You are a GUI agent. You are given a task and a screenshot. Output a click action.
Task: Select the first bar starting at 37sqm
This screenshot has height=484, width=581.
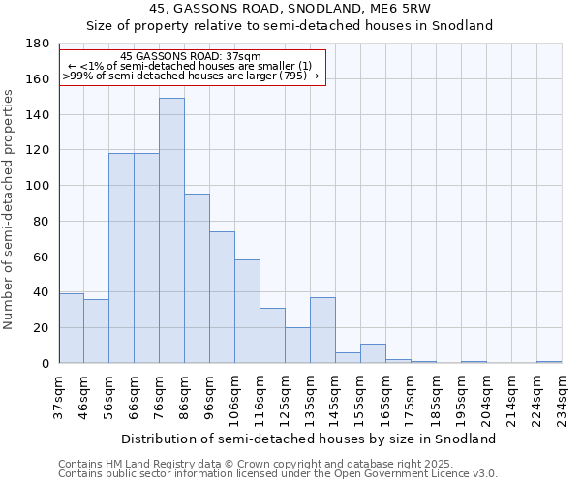[71, 328]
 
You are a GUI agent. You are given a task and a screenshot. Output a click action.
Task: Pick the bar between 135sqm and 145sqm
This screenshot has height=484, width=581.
[322, 330]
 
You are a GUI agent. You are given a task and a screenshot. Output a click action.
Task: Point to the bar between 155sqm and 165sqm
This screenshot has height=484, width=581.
[373, 353]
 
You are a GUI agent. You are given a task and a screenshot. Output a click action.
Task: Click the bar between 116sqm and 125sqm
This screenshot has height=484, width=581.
[272, 336]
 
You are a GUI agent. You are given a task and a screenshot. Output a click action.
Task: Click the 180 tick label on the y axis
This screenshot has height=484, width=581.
[38, 44]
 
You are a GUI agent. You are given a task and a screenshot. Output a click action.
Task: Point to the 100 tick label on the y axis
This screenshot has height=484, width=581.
[38, 186]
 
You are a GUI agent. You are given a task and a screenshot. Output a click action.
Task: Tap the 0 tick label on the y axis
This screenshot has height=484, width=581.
[45, 363]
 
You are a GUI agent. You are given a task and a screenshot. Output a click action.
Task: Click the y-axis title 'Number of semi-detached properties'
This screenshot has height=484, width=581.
[10, 209]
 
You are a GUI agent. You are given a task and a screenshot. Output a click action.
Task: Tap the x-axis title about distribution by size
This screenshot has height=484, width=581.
[311, 439]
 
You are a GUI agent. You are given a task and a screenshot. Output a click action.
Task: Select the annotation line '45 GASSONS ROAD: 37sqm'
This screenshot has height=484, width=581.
[193, 57]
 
